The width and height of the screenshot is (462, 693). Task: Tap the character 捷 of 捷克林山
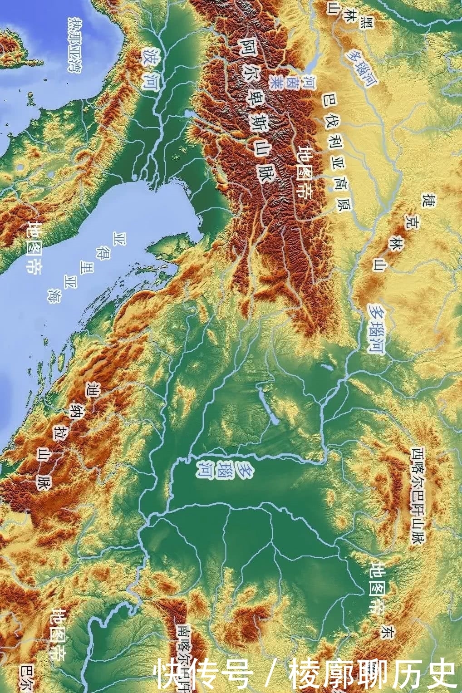[x=427, y=201]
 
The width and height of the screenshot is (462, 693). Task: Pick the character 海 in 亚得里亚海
[x=56, y=295]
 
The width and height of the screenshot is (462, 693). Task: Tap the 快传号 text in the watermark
[x=203, y=673]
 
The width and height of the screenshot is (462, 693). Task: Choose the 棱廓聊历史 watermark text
[x=372, y=673]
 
